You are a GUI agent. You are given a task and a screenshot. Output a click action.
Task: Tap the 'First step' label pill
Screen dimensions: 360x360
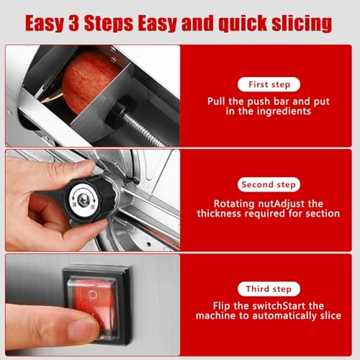tap(269, 84)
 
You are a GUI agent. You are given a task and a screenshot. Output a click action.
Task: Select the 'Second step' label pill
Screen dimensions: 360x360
tap(269, 184)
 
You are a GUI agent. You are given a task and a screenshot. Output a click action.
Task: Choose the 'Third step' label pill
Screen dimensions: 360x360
tap(269, 289)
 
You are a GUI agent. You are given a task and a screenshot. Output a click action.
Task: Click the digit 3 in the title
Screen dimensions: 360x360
tap(74, 23)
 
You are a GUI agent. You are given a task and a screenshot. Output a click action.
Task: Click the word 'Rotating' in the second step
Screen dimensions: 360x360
tap(234, 204)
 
